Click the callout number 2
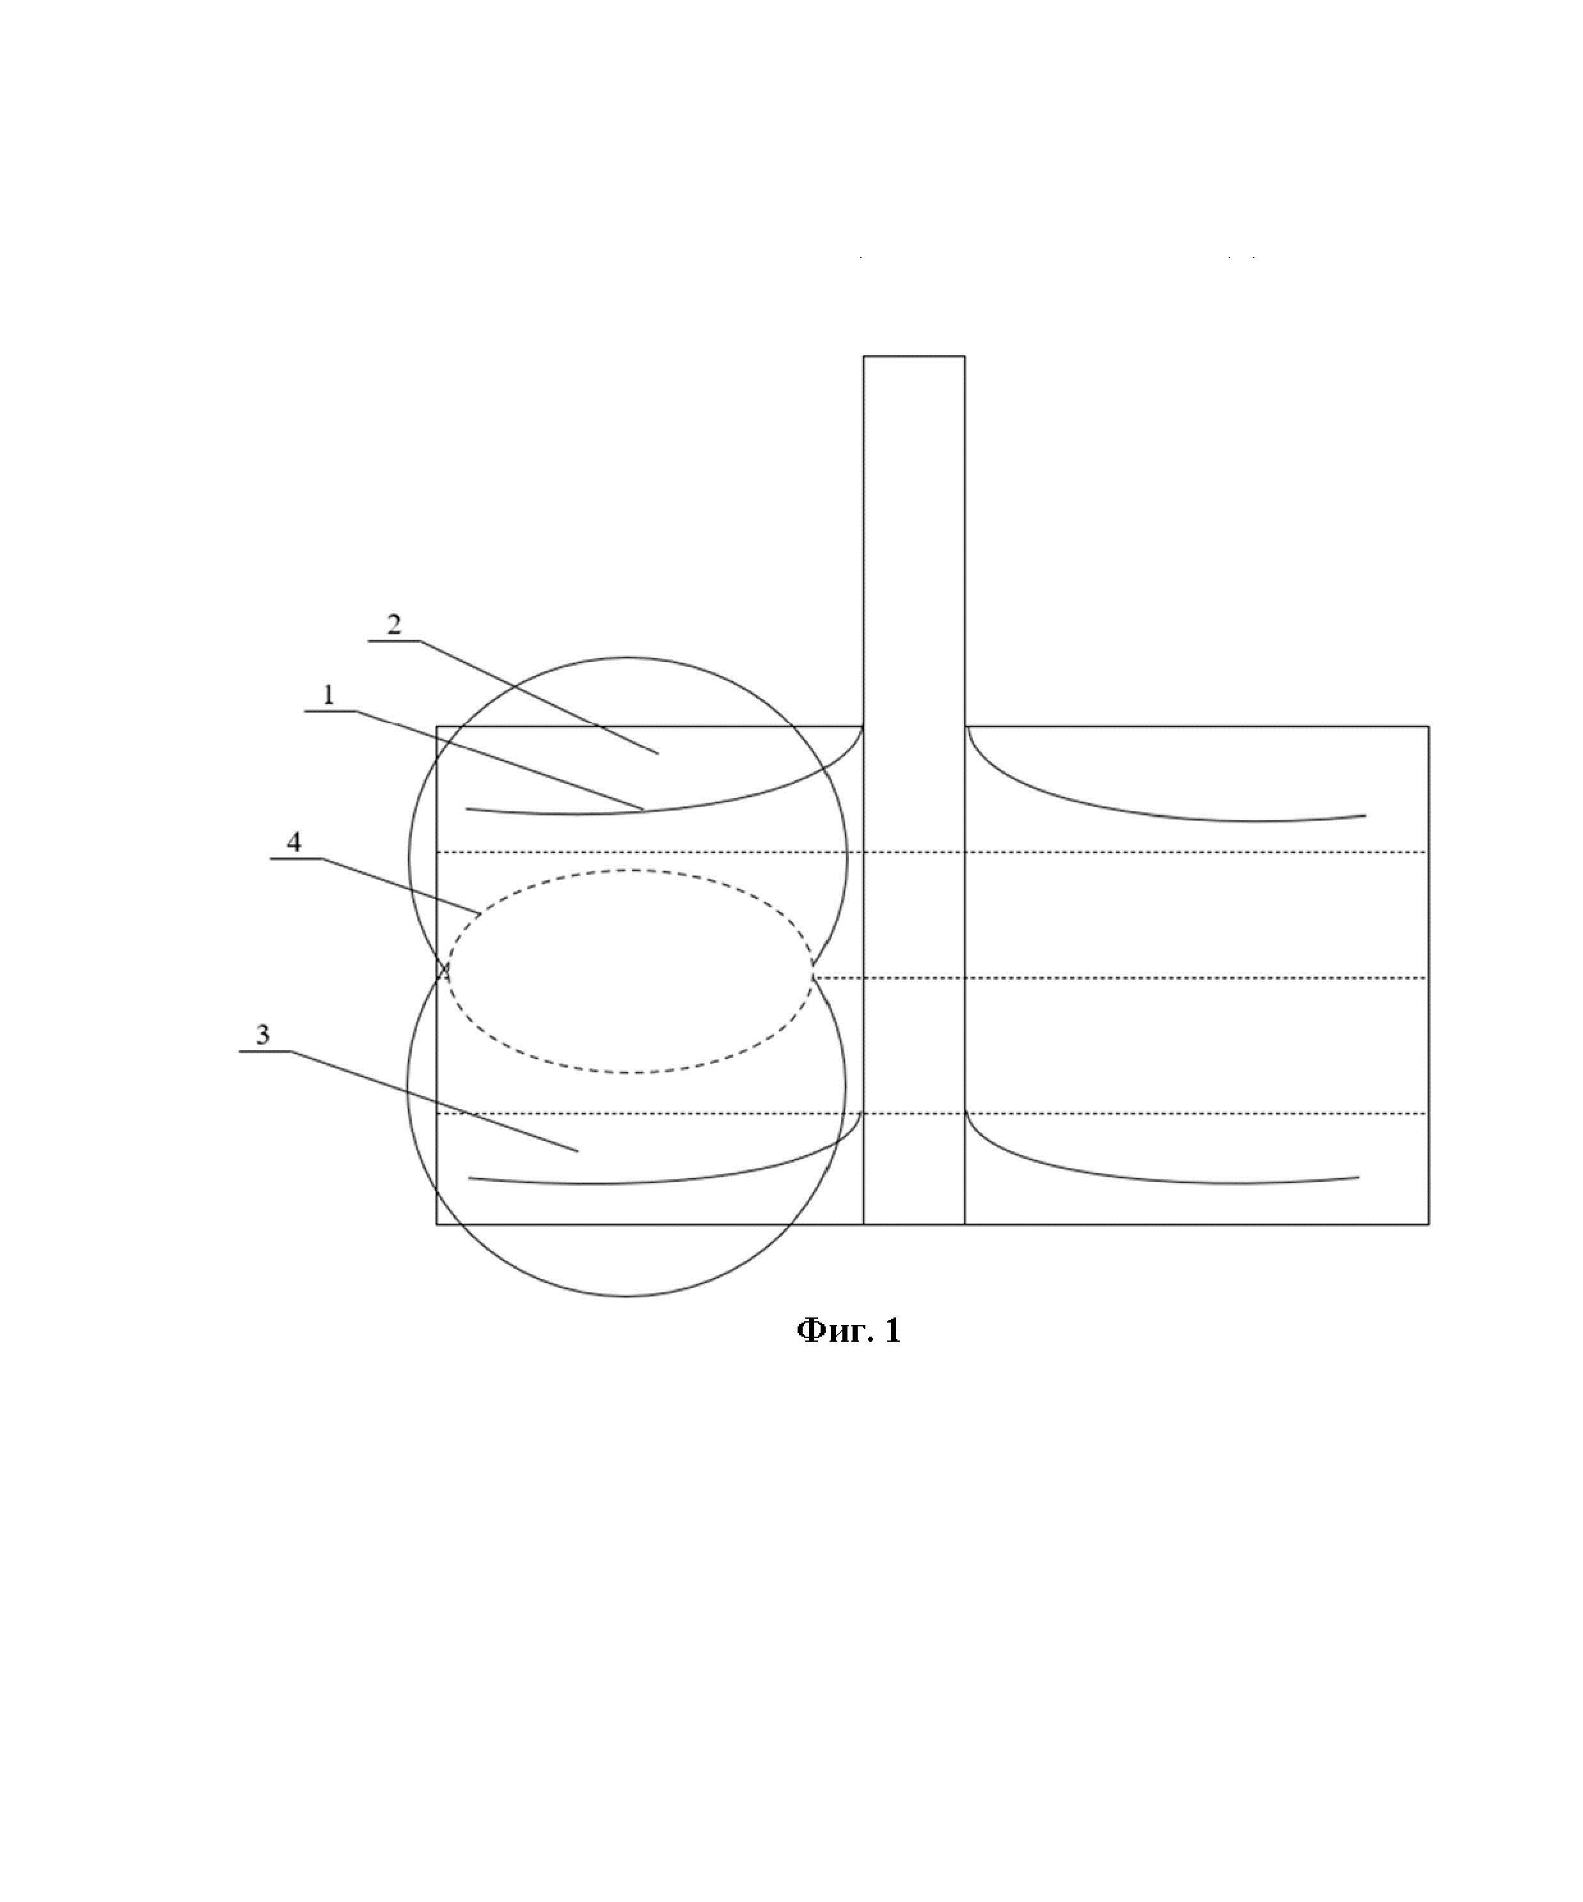pos(394,624)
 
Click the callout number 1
pos(329,695)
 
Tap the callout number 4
pos(294,842)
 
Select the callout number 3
pos(263,1034)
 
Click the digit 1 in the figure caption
pos(893,1330)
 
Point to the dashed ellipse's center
pos(631,972)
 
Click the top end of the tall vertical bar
pos(914,356)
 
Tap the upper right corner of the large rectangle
pos(1429,727)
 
